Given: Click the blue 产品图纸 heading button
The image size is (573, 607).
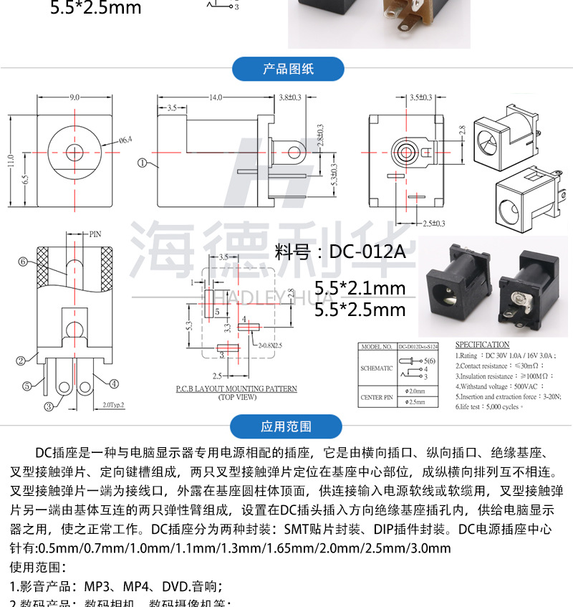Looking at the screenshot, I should coord(289,70).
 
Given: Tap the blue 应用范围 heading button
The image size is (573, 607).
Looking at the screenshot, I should coord(286,426).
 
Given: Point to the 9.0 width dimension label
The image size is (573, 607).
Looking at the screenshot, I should coord(74,97).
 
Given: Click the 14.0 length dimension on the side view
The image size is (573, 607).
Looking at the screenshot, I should coord(215,97).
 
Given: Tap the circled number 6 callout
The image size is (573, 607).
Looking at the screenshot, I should coord(23,262).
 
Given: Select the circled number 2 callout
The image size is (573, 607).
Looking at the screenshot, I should coord(21,360).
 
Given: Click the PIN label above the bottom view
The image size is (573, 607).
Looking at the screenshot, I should coord(95,234).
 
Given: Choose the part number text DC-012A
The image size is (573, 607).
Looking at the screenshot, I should coord(340,252).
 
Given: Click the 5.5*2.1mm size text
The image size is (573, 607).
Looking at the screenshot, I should coord(360,288).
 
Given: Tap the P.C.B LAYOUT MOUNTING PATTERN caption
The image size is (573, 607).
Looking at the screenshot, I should coord(236,389).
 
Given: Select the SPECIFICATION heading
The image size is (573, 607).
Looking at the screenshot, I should coord(483,345).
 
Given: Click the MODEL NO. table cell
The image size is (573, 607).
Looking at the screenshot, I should coord(376,345).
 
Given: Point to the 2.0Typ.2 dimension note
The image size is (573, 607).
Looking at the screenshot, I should coord(113,405).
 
